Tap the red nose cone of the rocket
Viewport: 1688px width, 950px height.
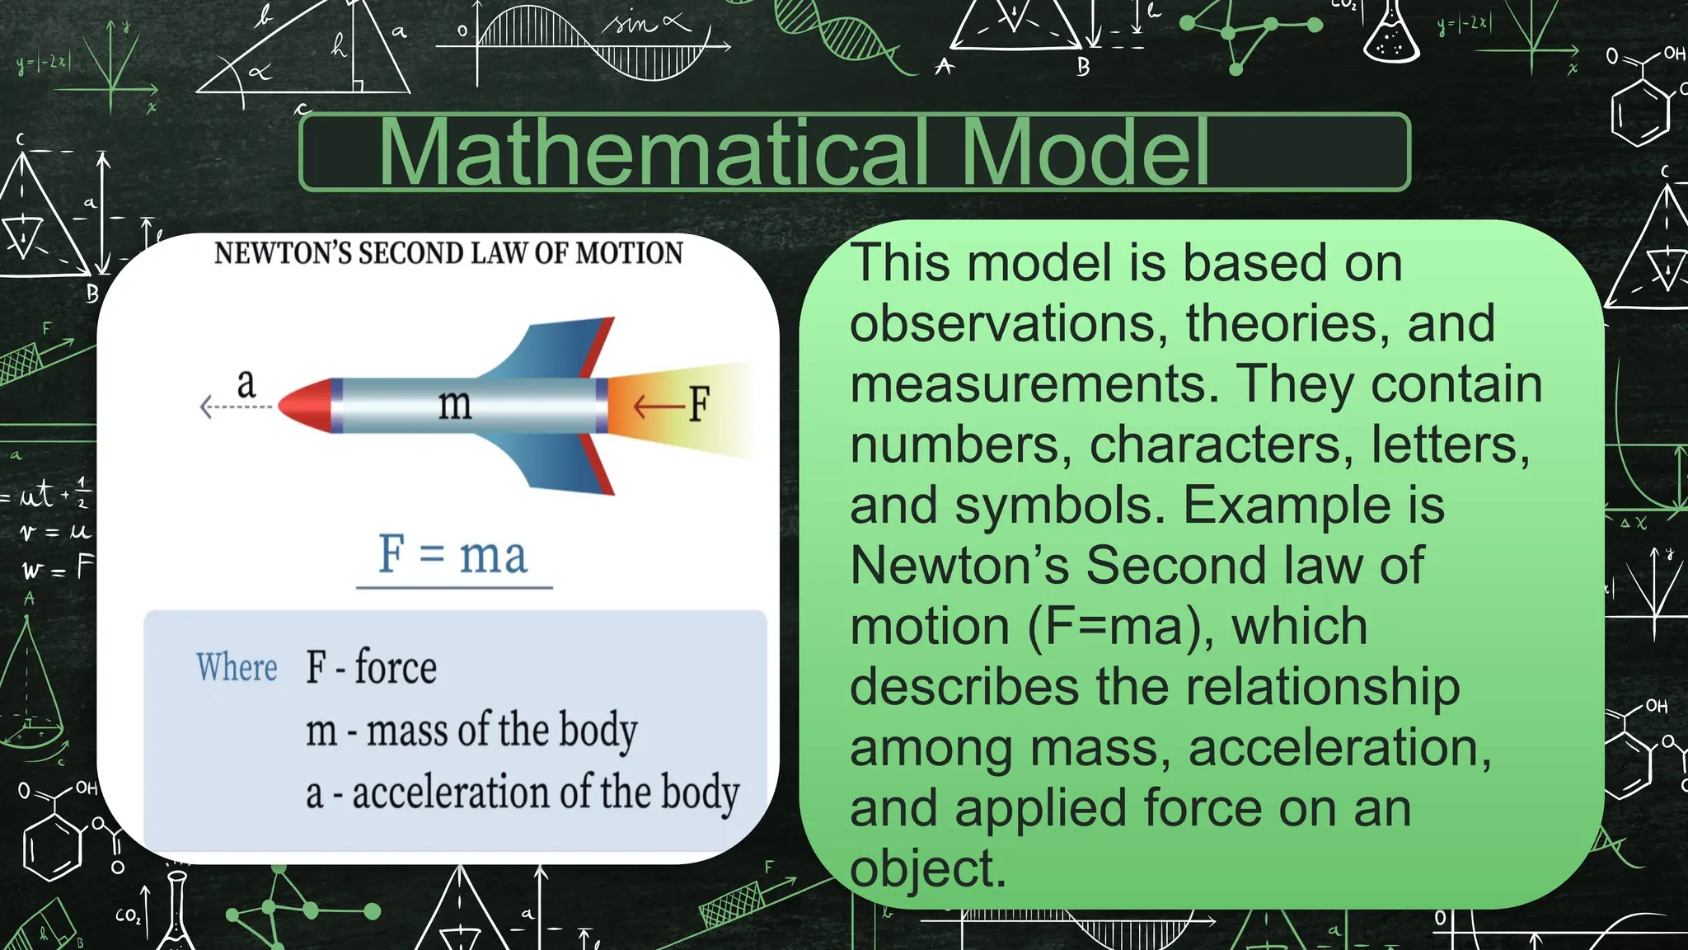pyautogui.click(x=303, y=405)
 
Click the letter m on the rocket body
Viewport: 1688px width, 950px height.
pyautogui.click(x=454, y=404)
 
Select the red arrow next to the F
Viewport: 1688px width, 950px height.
pyautogui.click(x=658, y=406)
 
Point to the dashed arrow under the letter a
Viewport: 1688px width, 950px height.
pyautogui.click(x=236, y=407)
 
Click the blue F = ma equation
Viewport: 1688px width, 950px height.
pyautogui.click(x=452, y=554)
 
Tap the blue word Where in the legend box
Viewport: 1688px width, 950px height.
pyautogui.click(x=237, y=667)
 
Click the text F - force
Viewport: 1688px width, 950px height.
pyautogui.click(x=371, y=667)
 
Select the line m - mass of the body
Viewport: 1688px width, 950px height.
pyautogui.click(x=471, y=731)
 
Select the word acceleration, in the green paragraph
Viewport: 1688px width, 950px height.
pyautogui.click(x=1339, y=748)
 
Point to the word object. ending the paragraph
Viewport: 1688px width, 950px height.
pyautogui.click(x=928, y=869)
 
